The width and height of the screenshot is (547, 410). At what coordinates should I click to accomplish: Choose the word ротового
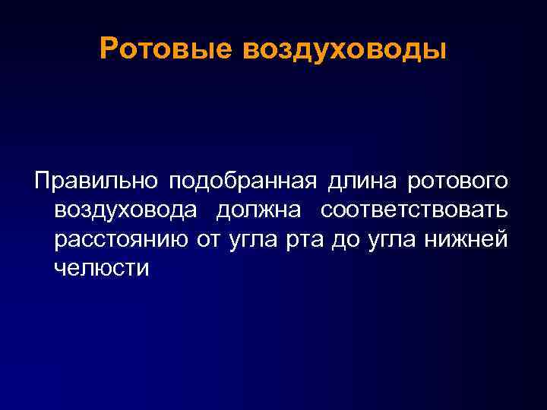point(459,182)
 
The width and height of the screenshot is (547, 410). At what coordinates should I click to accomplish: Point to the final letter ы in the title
point(435,49)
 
